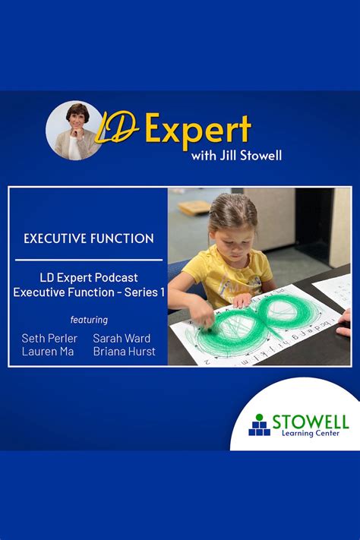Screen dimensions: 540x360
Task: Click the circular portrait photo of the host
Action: [74, 130]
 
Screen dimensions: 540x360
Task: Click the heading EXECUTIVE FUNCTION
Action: [89, 238]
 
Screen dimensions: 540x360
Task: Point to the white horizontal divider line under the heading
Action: [89, 261]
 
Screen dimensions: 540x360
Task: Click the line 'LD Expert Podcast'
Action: [89, 277]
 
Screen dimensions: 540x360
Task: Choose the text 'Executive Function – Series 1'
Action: [89, 292]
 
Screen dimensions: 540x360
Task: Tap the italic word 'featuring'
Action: [89, 320]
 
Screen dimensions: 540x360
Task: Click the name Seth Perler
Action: [50, 338]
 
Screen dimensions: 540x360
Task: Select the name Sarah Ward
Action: [122, 338]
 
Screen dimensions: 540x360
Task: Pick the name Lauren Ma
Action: [48, 352]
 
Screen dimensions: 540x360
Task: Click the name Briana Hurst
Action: [125, 352]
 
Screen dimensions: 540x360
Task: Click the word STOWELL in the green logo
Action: [310, 421]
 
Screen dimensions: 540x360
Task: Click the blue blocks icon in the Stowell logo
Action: [260, 425]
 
